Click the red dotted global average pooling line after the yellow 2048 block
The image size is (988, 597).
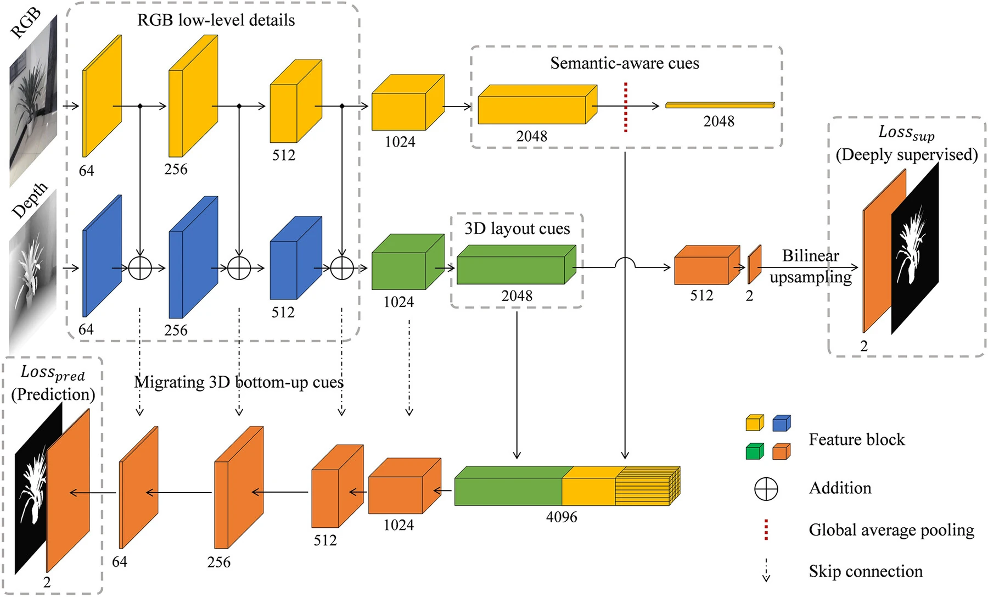point(625,108)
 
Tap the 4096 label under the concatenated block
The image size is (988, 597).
point(562,517)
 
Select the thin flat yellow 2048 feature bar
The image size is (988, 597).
point(720,105)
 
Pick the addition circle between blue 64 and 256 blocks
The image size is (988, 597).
point(140,268)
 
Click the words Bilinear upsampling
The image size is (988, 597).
point(810,266)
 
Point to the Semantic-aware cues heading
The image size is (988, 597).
point(625,63)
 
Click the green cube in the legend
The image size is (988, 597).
point(755,451)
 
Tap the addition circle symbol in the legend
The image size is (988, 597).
point(766,488)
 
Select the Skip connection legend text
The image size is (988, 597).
point(865,571)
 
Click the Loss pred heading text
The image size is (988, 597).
point(53,373)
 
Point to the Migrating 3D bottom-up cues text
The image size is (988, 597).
point(239,382)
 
